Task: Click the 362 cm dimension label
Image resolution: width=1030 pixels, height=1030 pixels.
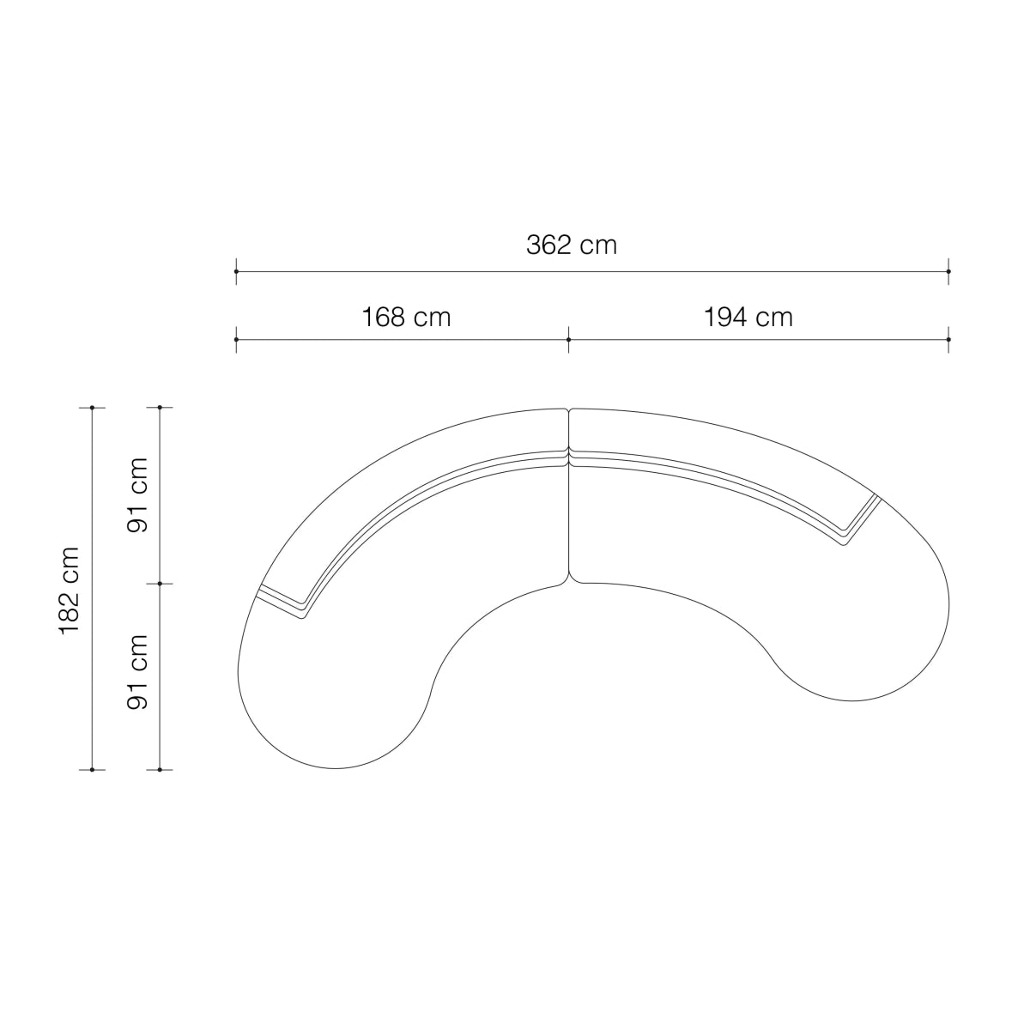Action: [x=572, y=245]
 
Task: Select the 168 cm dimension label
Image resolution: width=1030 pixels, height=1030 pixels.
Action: [x=406, y=318]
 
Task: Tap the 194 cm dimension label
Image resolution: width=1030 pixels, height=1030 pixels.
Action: [x=748, y=318]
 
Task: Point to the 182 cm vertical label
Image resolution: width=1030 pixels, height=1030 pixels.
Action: [x=70, y=591]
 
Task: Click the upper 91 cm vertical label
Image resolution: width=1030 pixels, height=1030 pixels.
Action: [x=137, y=495]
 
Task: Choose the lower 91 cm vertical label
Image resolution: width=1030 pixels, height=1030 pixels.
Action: [x=137, y=672]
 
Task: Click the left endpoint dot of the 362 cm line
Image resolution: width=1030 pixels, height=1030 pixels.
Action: [x=236, y=271]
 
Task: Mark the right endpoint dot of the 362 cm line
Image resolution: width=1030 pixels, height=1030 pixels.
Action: [x=948, y=271]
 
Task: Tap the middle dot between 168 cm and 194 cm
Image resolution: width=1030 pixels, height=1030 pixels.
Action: [x=569, y=339]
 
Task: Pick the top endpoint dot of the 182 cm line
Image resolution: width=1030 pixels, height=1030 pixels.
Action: [x=93, y=408]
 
